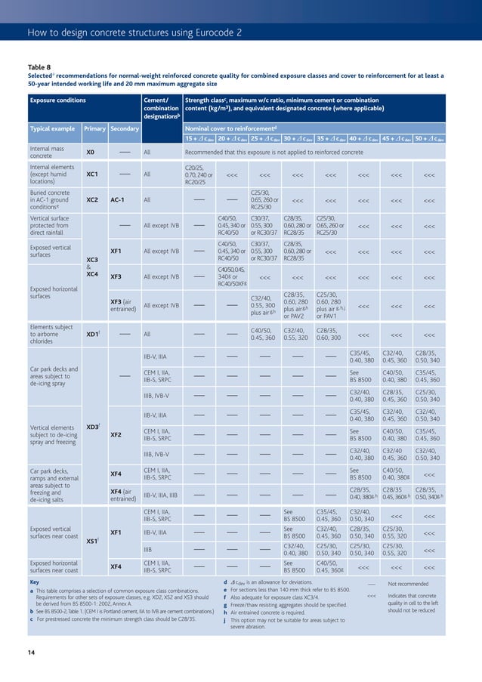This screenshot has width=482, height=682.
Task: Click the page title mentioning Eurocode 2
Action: pos(134,32)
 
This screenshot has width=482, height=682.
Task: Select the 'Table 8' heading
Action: pos(40,67)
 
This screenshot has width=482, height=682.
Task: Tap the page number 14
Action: pos(31,652)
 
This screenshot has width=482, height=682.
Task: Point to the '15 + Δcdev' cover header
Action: pos(199,138)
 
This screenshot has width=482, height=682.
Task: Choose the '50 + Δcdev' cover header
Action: pos(429,138)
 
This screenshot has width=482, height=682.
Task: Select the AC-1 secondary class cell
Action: pos(118,200)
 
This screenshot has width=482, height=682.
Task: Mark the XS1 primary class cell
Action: pos(91,541)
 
